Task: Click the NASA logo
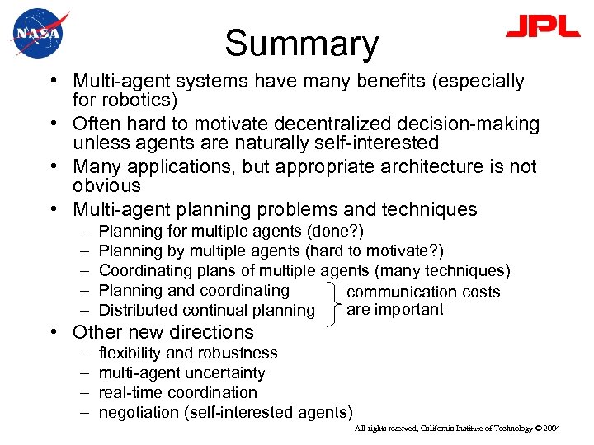(37, 33)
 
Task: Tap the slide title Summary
(301, 44)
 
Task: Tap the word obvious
(107, 187)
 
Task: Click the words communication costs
(424, 292)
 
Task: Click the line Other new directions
(163, 332)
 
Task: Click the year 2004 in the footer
(552, 429)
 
